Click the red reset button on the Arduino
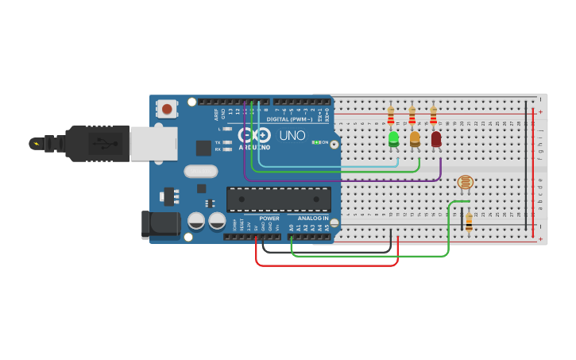(x=167, y=108)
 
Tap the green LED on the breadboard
(x=393, y=138)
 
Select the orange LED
(x=414, y=138)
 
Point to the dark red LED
(x=435, y=138)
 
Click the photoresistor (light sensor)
(x=466, y=183)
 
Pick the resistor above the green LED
(x=390, y=116)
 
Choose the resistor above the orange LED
(x=412, y=116)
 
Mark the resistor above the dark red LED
(x=433, y=116)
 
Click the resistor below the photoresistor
(x=469, y=223)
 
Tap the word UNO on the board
(x=292, y=135)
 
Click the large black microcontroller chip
(x=278, y=199)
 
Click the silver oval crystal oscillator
(x=200, y=171)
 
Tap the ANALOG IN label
(x=312, y=218)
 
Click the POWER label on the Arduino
(x=269, y=218)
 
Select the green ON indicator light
(x=316, y=142)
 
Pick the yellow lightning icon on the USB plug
(x=36, y=144)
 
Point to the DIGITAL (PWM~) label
(x=288, y=119)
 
